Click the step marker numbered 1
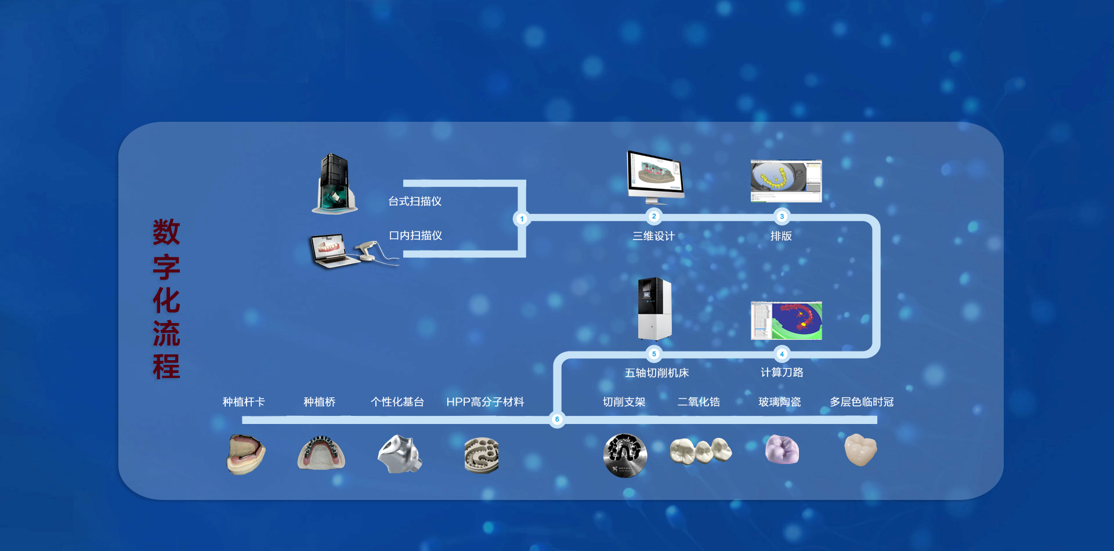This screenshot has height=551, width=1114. click(x=522, y=219)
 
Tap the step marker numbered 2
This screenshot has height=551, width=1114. click(x=654, y=216)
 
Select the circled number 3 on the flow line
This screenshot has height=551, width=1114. click(x=782, y=216)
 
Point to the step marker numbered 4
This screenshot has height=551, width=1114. click(x=782, y=354)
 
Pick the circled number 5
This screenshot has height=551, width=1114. click(x=654, y=354)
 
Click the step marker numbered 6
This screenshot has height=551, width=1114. click(x=557, y=419)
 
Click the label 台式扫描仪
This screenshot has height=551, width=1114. click(x=415, y=201)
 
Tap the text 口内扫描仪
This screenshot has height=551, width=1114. click(x=415, y=235)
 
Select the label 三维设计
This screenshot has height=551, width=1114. click(x=653, y=236)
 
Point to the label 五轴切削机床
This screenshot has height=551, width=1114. click(x=656, y=373)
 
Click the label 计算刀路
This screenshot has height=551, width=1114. click(x=782, y=372)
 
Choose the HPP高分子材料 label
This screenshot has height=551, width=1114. click(x=485, y=402)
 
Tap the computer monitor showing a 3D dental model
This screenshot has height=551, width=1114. click(x=656, y=174)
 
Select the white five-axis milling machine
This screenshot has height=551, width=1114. click(x=654, y=309)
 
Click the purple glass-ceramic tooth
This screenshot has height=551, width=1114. click(x=782, y=449)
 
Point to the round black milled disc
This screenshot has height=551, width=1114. click(x=625, y=455)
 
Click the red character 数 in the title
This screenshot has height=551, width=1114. click(x=167, y=232)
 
